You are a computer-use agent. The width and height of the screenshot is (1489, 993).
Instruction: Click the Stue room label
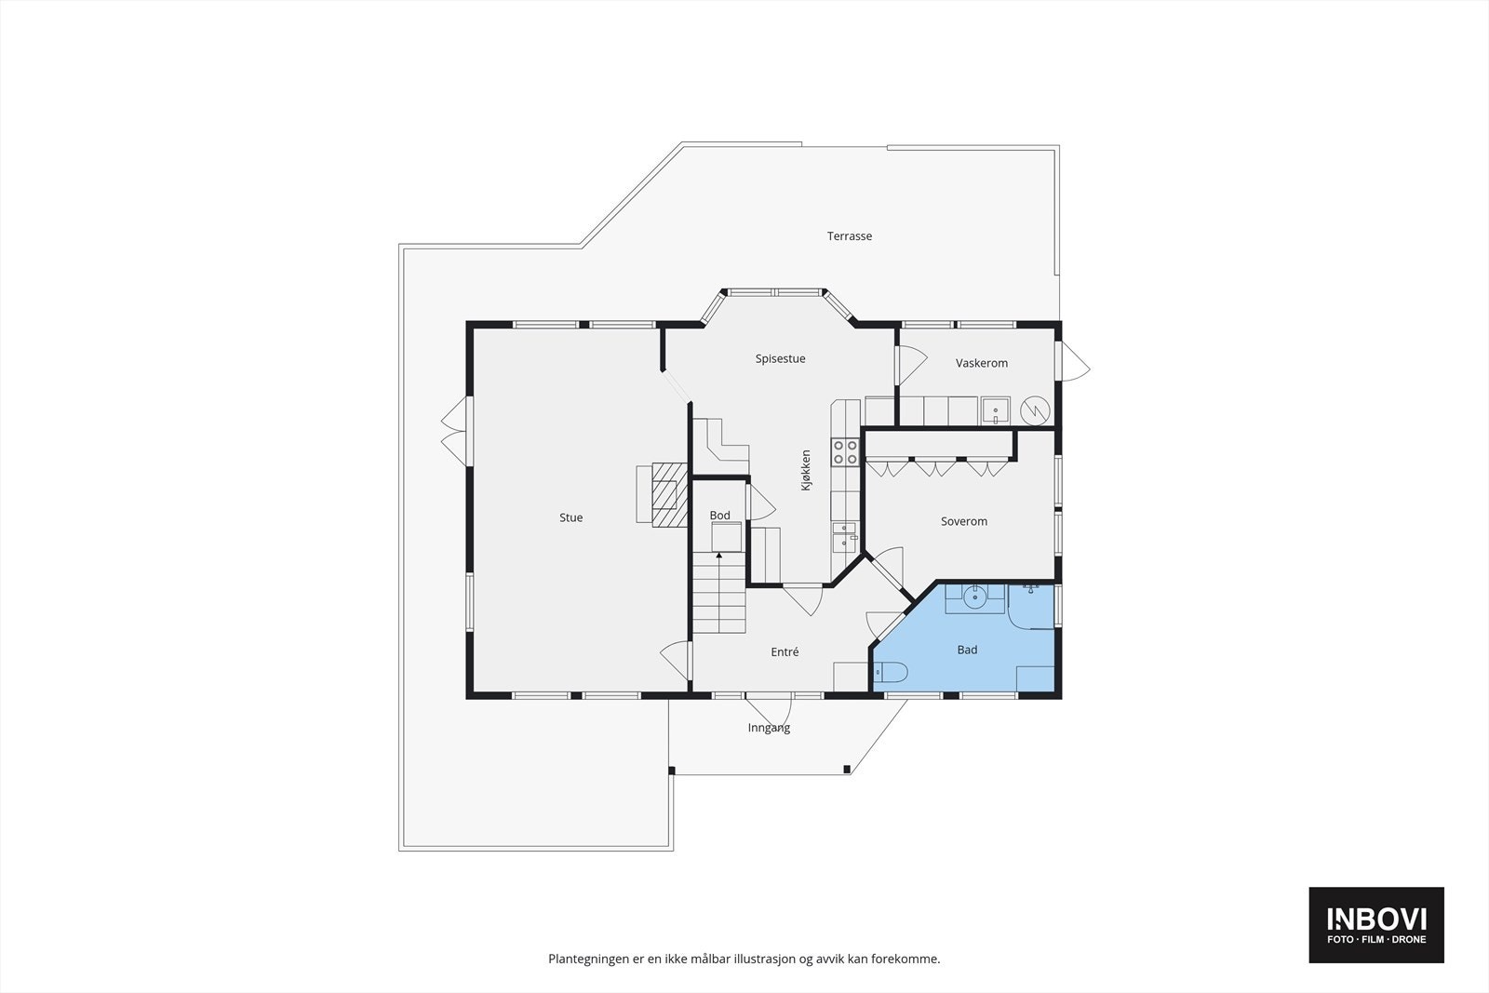570,517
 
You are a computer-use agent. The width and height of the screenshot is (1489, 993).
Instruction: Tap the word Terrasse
850,236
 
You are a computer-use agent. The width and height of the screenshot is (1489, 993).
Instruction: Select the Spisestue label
780,358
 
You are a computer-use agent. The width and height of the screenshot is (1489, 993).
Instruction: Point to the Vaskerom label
981,363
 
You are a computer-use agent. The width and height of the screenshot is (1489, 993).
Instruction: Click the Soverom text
963,521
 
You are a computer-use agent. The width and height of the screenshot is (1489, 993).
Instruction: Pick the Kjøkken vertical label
806,471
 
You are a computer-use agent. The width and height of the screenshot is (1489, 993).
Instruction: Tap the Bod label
719,516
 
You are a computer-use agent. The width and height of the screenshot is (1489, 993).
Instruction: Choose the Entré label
785,652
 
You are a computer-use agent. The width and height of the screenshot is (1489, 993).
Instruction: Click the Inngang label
769,728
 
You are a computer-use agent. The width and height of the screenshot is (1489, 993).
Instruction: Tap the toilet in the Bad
891,672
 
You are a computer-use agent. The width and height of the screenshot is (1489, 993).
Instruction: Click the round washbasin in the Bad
975,597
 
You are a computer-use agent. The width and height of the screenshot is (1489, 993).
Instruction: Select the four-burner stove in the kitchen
845,452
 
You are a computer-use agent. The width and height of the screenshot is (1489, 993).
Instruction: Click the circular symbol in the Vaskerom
1035,410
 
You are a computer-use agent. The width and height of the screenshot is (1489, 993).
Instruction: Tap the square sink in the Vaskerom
995,410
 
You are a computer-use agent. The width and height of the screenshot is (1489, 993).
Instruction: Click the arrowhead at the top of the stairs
718,556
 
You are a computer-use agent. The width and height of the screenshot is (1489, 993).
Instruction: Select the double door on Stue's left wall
454,429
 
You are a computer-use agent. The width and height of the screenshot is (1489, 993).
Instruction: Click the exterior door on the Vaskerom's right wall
1076,361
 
